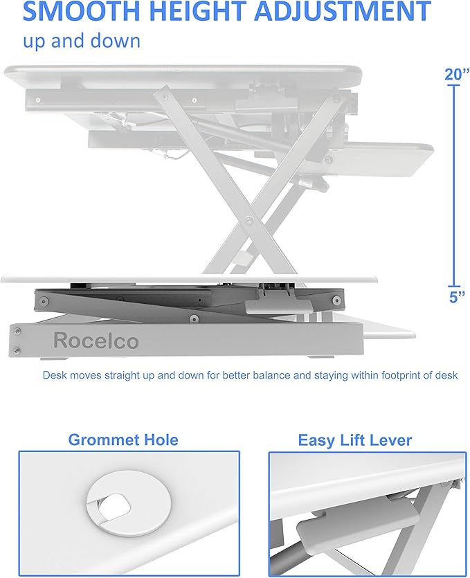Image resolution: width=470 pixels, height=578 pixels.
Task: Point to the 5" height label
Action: tap(455, 298)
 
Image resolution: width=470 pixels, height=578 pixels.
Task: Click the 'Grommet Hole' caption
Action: tap(123, 440)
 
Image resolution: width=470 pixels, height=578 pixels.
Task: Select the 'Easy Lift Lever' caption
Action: tap(354, 440)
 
